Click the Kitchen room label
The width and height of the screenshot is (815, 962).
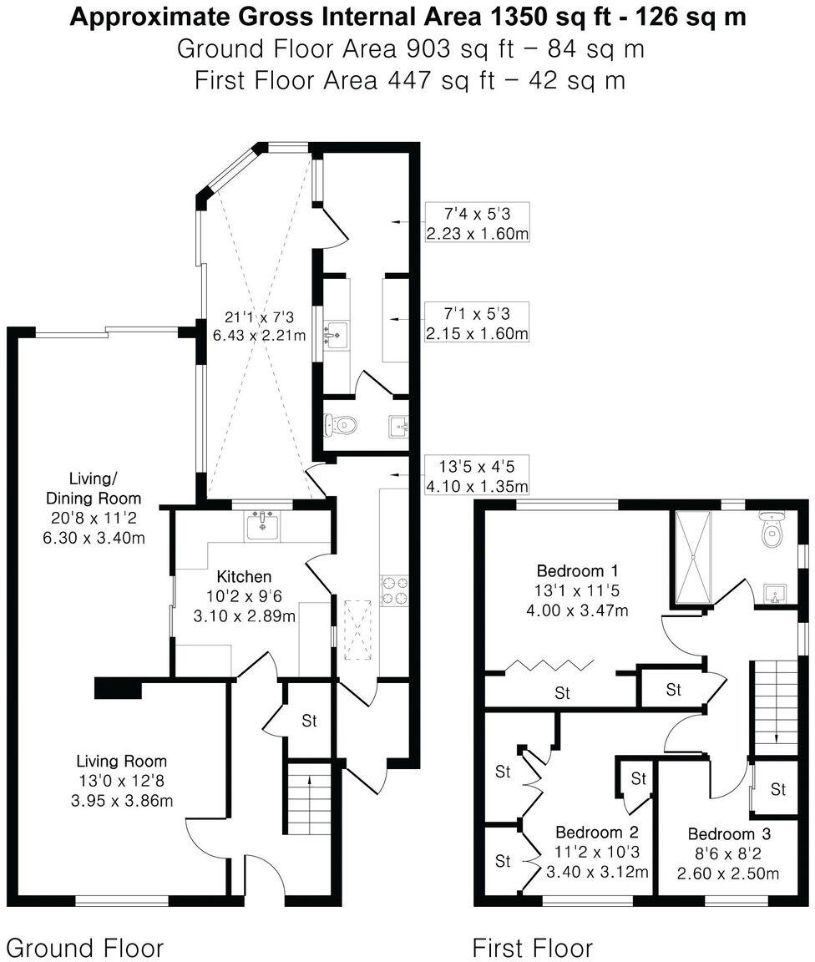pos(244,576)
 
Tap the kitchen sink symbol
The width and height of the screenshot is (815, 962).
pos(265,525)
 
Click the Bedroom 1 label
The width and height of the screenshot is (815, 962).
pos(577,571)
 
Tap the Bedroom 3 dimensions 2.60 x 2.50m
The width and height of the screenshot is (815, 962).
pos(729,873)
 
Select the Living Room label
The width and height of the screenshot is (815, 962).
pos(121,761)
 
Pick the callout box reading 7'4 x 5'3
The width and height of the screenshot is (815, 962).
pos(476,223)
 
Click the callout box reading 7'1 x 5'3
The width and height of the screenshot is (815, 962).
pos(476,323)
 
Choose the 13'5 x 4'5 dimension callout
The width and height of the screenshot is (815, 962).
pos(476,476)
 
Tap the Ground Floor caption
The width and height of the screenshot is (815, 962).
pos(84,948)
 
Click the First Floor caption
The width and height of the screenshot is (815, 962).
pos(533,948)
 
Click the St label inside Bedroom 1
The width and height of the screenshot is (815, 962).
pos(562,693)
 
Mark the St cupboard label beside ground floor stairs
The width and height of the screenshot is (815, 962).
pos(309,721)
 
